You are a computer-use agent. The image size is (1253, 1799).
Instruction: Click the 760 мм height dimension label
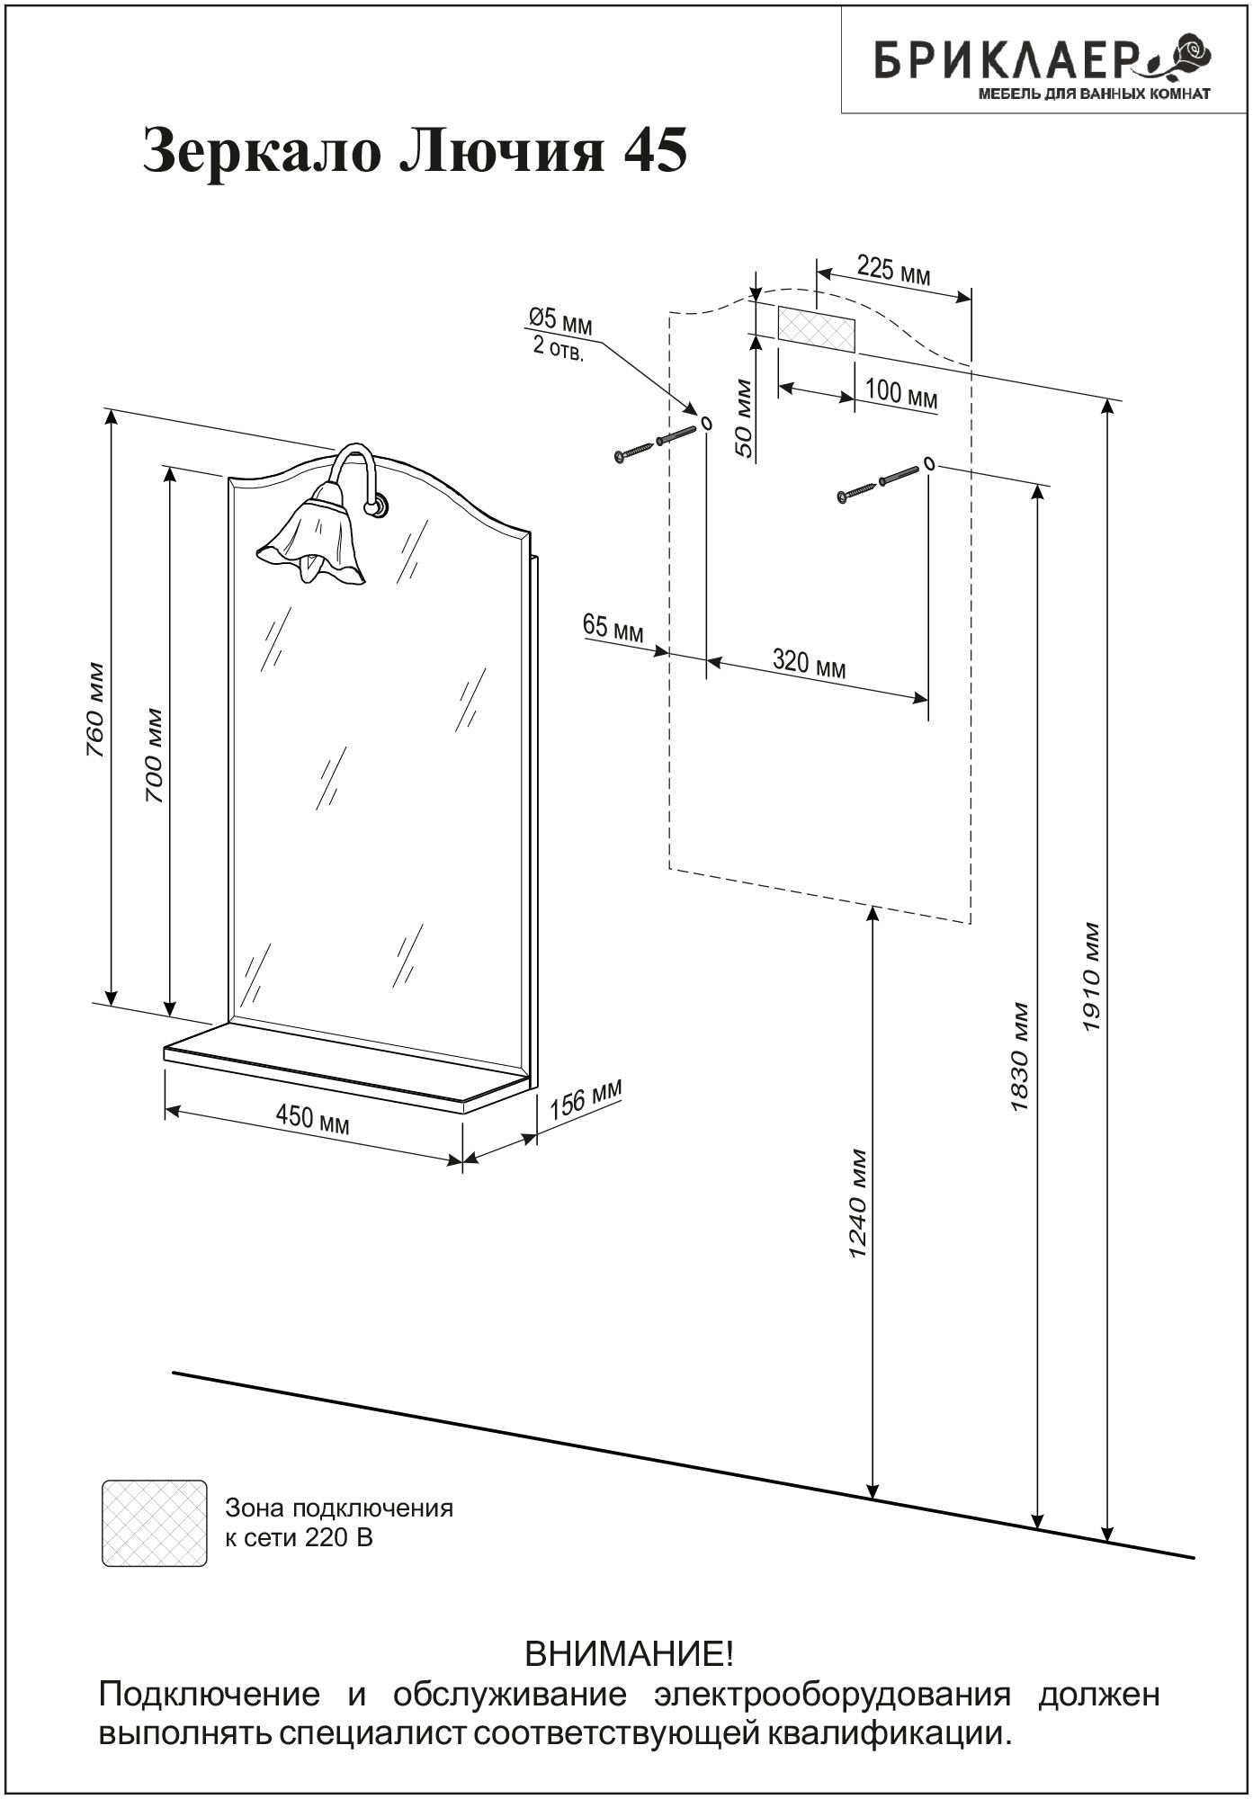(x=96, y=710)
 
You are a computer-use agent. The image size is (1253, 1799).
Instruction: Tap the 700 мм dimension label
(x=155, y=756)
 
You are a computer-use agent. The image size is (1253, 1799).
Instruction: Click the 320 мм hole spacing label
(x=809, y=664)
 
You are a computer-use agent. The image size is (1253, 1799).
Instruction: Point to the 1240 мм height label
(x=857, y=1204)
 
